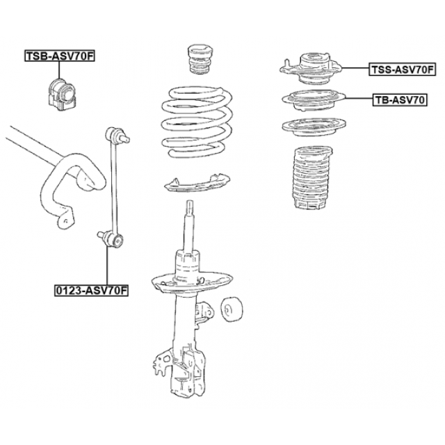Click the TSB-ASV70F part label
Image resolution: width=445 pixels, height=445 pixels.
tap(59, 56)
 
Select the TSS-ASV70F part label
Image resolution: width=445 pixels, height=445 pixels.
tap(402, 70)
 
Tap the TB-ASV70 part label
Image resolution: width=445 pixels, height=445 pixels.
tap(400, 100)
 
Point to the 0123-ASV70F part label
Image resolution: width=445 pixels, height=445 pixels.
tap(91, 291)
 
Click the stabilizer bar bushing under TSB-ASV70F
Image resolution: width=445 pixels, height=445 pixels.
tap(61, 95)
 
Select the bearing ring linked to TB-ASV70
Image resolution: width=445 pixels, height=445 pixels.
tap(314, 100)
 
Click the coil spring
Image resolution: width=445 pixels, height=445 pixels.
tap(197, 122)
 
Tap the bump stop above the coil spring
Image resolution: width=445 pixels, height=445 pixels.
tap(200, 60)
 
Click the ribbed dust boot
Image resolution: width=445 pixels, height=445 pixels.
tap(311, 178)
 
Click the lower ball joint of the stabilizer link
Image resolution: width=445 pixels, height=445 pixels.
tap(111, 239)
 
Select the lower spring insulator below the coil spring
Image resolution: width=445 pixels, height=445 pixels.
tap(197, 183)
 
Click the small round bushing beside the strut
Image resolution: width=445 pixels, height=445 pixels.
tap(232, 309)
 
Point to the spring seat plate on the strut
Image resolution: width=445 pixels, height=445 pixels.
tap(192, 282)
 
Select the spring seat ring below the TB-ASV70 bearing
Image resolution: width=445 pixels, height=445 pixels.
tap(314, 127)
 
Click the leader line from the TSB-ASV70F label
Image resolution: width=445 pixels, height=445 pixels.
tap(59, 70)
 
